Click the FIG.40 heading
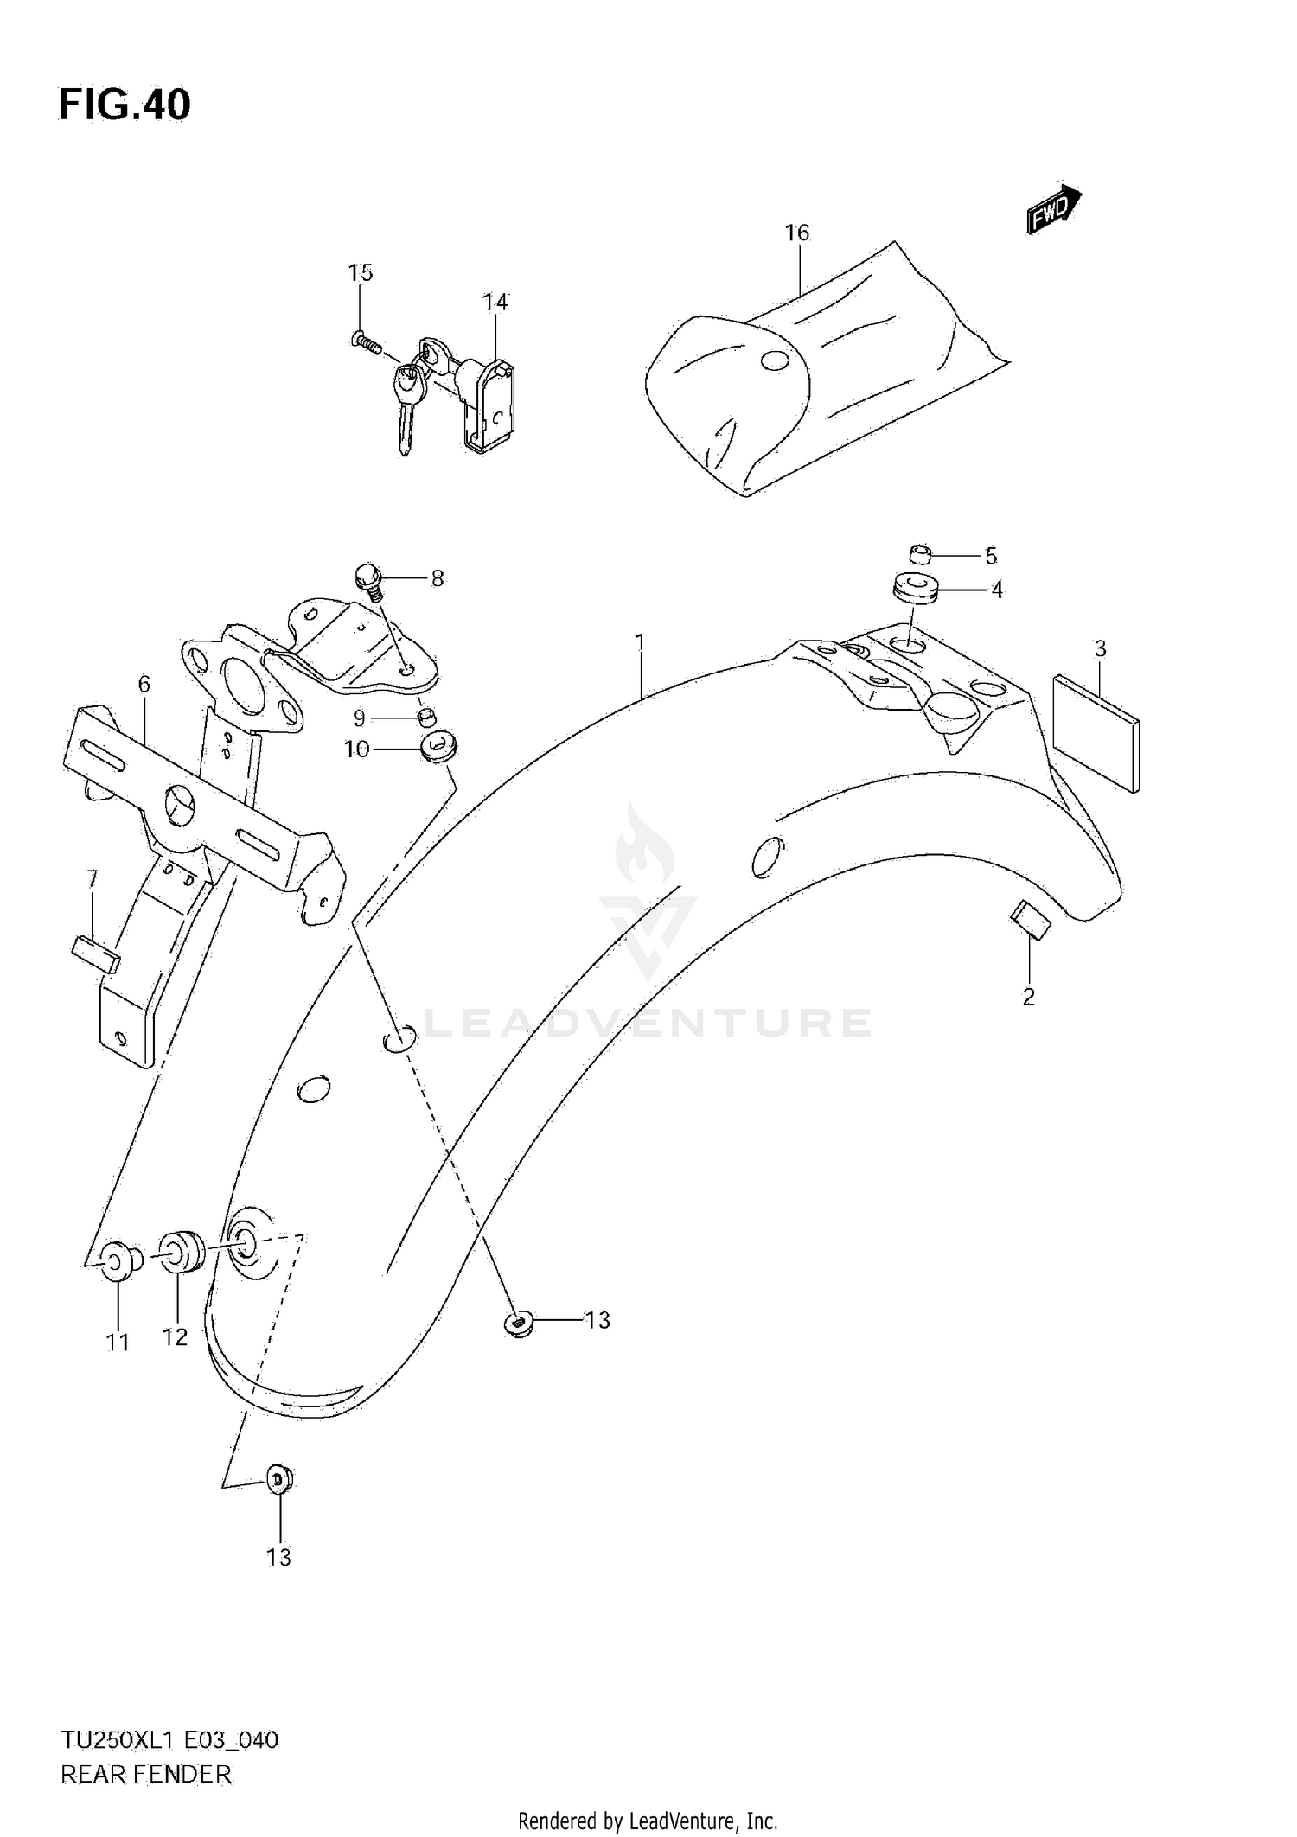tap(125, 105)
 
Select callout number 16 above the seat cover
tap(796, 233)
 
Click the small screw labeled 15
tap(367, 341)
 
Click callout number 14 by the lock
tap(495, 303)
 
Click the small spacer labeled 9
tap(426, 717)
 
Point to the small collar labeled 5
tap(921, 553)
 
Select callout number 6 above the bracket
tap(144, 685)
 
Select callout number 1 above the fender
tap(640, 642)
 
